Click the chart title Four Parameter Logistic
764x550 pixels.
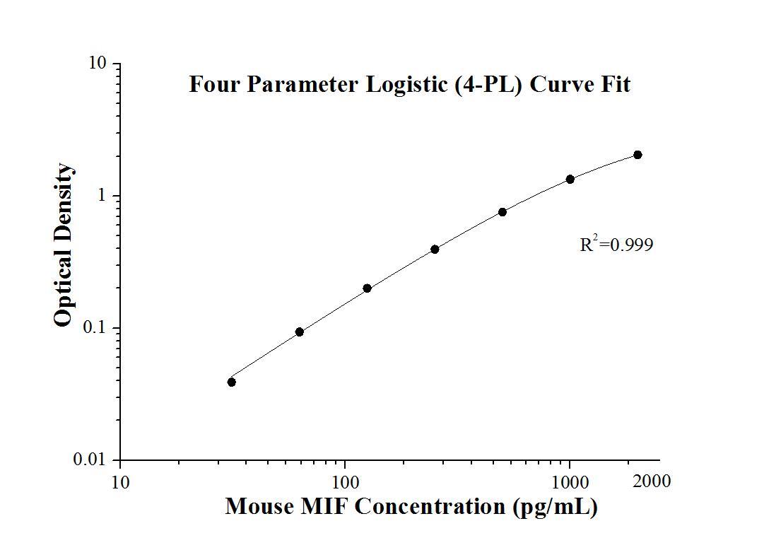[x=409, y=85]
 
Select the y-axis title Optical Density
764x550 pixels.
[x=64, y=245]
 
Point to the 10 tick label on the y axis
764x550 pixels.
[x=97, y=64]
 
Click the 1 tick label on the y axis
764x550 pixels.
[x=101, y=196]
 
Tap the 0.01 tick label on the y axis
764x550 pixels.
[x=91, y=460]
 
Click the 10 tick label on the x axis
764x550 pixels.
[x=120, y=483]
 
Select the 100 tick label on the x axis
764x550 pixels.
[x=345, y=483]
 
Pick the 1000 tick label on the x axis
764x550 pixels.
[x=570, y=483]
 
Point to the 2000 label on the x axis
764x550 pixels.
[x=652, y=481]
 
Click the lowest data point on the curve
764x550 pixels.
[x=232, y=382]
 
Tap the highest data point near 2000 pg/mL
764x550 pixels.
[x=637, y=155]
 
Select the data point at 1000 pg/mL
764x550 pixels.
[x=570, y=179]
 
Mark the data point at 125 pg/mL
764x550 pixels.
[x=367, y=288]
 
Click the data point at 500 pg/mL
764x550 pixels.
[x=503, y=212]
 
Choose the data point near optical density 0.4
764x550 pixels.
[x=435, y=249]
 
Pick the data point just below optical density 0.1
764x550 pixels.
[x=300, y=332]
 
